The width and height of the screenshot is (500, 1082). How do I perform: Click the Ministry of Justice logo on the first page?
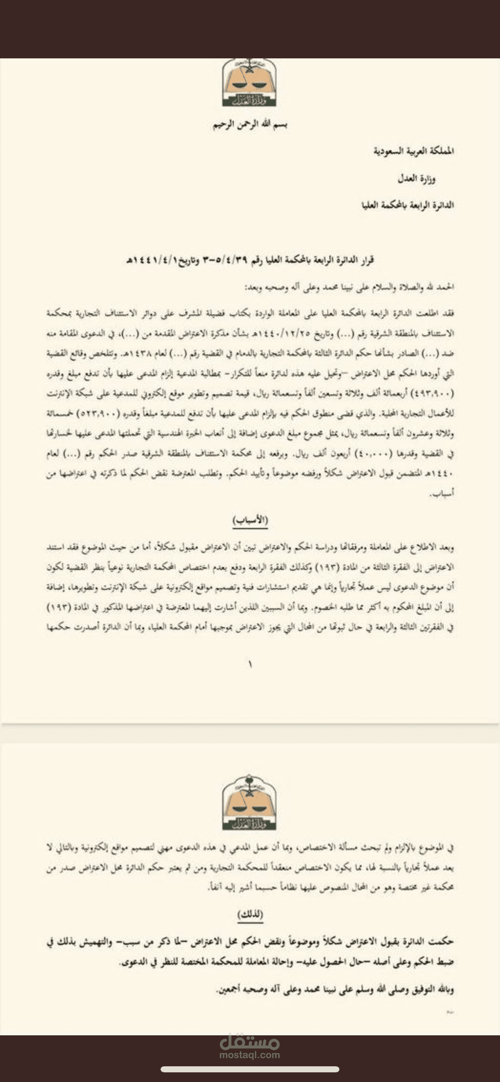tap(250, 83)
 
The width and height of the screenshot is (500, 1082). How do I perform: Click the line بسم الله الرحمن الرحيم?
tap(250, 125)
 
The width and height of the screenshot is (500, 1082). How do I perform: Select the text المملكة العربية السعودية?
tap(413, 151)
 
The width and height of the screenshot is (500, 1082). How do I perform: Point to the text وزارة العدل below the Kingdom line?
tap(416, 180)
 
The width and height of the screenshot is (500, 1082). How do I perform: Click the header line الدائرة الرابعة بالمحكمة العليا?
tap(407, 205)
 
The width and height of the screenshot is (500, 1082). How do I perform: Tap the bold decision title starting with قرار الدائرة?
tap(250, 260)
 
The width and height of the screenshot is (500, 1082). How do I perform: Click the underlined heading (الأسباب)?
tap(250, 520)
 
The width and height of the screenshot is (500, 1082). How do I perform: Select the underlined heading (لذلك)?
tap(250, 914)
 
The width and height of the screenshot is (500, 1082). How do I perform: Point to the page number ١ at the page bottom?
tap(250, 664)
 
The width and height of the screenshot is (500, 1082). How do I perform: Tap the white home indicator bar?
tap(250, 1069)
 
